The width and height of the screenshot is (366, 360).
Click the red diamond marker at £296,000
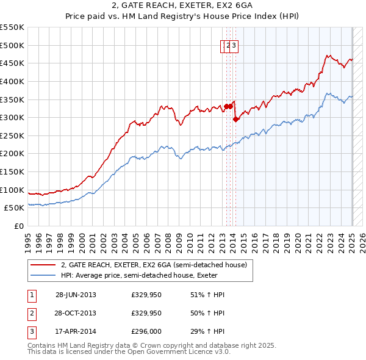[x=235, y=119]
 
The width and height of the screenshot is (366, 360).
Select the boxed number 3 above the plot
[x=234, y=45]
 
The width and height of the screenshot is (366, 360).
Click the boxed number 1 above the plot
[x=223, y=45]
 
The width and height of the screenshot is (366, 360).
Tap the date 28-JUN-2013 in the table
[x=76, y=295]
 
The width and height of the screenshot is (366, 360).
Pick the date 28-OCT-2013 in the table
[x=76, y=314]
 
